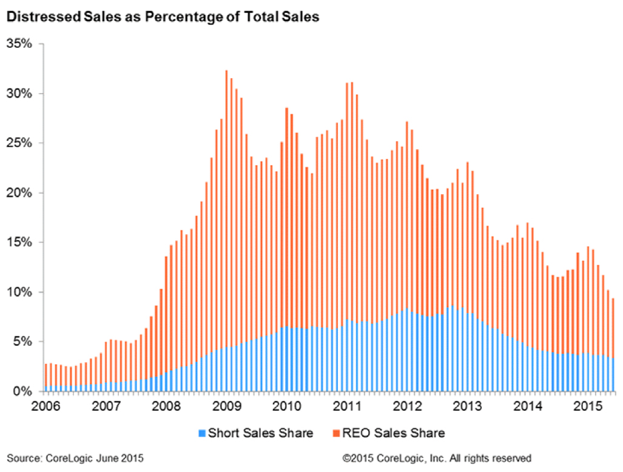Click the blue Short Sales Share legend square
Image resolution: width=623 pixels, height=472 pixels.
[202, 433]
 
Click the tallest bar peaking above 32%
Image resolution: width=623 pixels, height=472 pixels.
[226, 231]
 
